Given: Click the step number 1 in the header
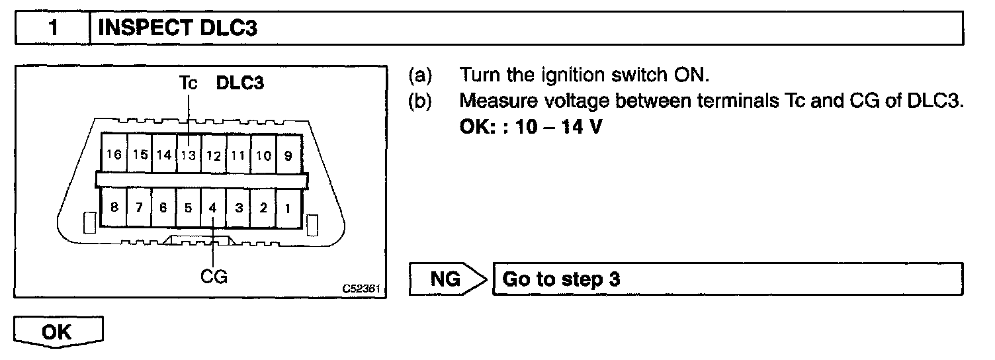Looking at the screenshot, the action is (x=51, y=29).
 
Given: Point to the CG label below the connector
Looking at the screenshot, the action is (x=214, y=277).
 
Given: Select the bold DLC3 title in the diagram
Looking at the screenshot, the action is (x=241, y=85).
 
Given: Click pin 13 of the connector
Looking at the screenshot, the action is (x=189, y=156).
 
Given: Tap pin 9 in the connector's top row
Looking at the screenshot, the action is (x=288, y=156).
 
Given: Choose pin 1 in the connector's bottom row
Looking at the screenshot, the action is (x=288, y=208).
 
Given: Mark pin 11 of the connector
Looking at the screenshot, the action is (x=238, y=156).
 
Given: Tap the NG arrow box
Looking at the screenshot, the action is (x=447, y=279).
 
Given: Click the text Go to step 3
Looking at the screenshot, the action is (x=562, y=279).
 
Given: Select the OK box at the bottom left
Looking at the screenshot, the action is (x=58, y=332).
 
